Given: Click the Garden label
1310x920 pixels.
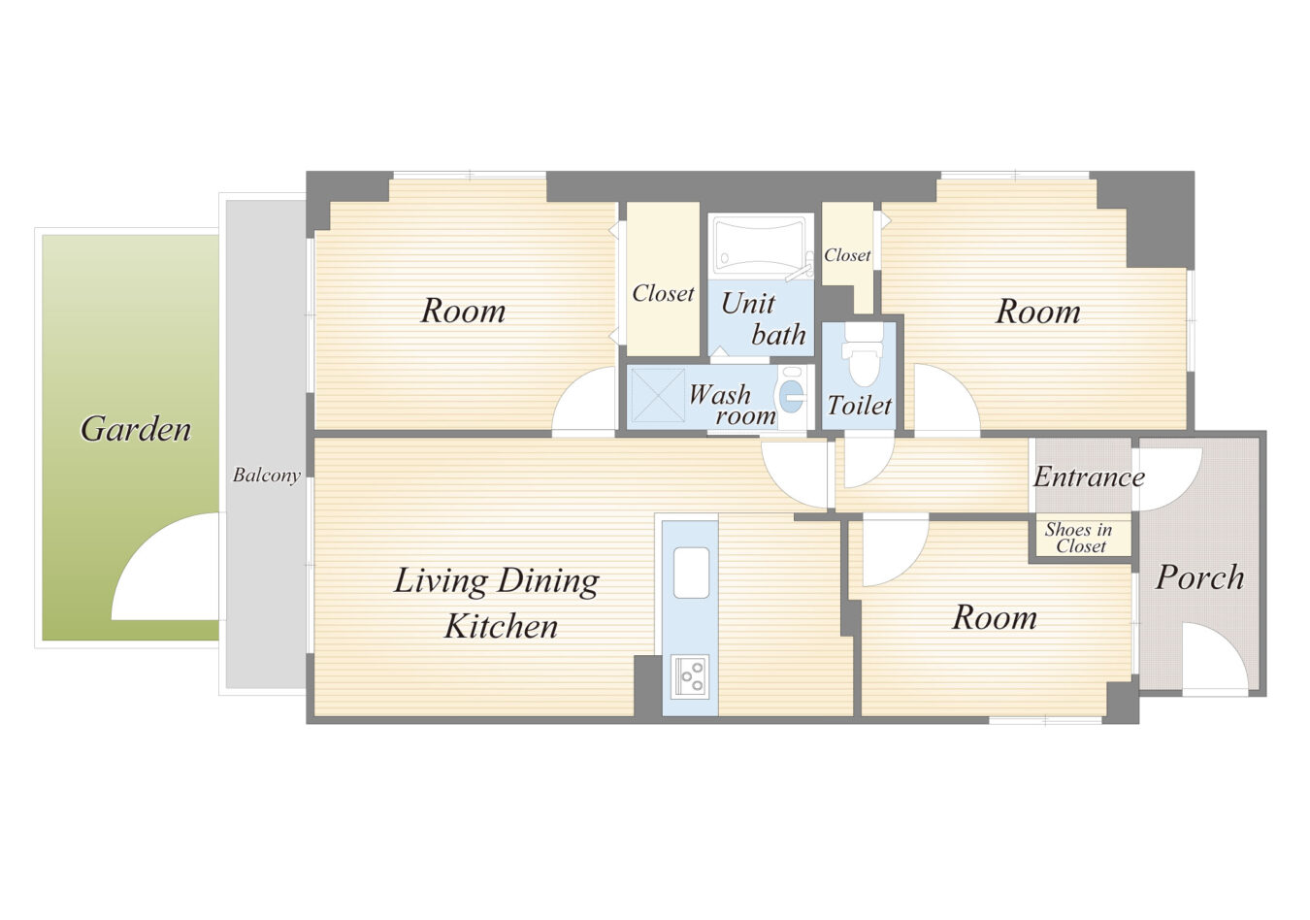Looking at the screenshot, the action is coord(136,429).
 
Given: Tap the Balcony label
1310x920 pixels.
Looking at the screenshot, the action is coord(267,475).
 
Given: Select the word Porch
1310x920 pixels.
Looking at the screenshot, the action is coord(1199,577).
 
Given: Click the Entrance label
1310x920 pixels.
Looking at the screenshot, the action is coord(1089,476).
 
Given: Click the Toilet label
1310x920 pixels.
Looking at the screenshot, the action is coord(860,406).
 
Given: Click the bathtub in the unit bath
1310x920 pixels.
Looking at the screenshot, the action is coord(760,245).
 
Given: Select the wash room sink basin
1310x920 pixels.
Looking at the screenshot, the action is coord(792,397).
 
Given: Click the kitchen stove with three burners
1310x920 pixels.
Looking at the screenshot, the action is coord(690,676).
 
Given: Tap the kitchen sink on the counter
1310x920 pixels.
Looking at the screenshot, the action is coord(691,573).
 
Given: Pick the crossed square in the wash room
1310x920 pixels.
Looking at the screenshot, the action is coord(657,395).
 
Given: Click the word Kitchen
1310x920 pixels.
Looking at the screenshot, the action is coord(501,626).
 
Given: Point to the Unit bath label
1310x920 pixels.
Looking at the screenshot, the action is coord(763,318).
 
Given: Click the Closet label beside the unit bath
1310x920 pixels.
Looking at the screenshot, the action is coord(663,293).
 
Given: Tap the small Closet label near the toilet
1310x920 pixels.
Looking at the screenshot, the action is coord(847,255).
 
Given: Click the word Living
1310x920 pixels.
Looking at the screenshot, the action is coord(441,581).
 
